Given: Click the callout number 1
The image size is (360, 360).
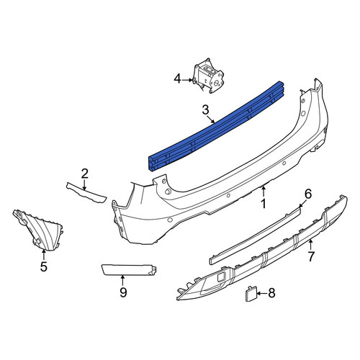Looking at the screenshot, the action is [264, 204].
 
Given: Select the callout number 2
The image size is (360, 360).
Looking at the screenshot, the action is [84, 174].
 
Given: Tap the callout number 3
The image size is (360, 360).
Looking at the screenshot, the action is [205, 110].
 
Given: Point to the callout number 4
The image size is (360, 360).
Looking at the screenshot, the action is [177, 79].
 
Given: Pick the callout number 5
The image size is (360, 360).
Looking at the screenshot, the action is [43, 266].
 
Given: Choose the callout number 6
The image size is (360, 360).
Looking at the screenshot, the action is [308, 194].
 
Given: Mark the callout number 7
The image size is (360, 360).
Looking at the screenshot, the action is [311, 256].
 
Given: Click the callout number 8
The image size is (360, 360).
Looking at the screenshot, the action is [271, 293].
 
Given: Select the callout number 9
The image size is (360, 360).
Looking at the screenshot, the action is [123, 292].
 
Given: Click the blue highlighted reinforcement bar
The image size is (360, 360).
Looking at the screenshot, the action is [216, 127].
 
